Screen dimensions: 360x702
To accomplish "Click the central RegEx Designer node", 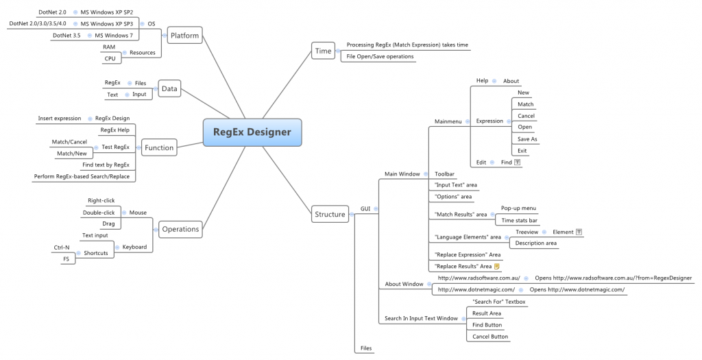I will click(x=252, y=132).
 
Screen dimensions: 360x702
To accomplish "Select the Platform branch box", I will click(x=184, y=35).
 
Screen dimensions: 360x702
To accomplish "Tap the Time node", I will click(x=322, y=51).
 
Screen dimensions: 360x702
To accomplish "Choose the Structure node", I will click(x=330, y=214).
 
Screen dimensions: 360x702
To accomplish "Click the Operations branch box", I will click(x=180, y=229).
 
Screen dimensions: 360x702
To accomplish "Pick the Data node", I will click(x=169, y=88).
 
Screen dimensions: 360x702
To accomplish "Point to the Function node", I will click(x=159, y=147).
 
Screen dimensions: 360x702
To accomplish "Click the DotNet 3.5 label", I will click(x=66, y=35).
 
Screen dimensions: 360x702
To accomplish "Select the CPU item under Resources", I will click(x=110, y=58).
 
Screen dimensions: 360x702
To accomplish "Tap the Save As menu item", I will click(x=527, y=139).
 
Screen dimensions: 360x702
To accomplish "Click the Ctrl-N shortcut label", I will click(x=62, y=247).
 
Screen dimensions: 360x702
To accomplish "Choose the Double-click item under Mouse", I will click(x=99, y=212).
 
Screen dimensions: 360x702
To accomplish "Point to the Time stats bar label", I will click(x=519, y=220).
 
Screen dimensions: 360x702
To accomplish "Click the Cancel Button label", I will click(x=490, y=336).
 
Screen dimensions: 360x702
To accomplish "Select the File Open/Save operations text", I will click(x=380, y=56).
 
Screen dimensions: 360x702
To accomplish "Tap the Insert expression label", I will click(x=59, y=118).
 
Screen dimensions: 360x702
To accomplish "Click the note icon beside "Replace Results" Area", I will click(x=497, y=266).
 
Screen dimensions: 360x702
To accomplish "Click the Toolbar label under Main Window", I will click(x=444, y=174).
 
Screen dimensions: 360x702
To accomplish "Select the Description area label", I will click(x=536, y=243).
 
